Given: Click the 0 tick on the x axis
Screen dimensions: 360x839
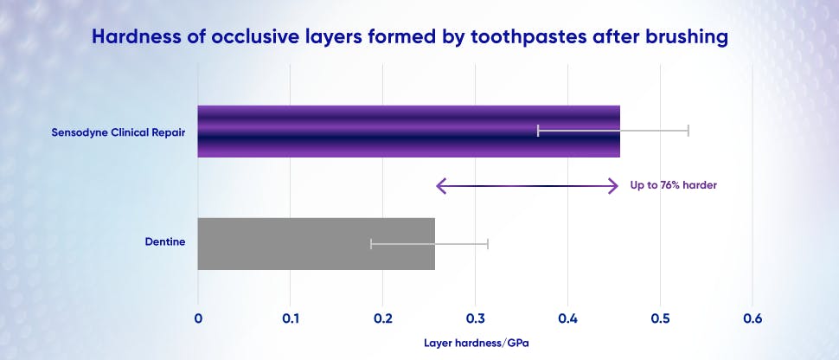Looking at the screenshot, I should coord(198,318).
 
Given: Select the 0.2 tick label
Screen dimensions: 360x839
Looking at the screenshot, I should coord(382,318).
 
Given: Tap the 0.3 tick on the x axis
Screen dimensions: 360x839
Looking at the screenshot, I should coord(475,318).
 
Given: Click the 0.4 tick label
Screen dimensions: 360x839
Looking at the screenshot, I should coord(567,318).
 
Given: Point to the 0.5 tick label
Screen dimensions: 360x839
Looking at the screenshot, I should coord(660,318).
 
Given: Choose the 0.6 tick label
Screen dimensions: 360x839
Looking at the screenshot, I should coord(753,318).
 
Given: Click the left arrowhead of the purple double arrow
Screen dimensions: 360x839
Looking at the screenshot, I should coord(440,185).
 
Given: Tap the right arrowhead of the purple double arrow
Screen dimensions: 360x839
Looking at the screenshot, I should coord(613,185).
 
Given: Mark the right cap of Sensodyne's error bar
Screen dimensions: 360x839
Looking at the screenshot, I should coord(688,131).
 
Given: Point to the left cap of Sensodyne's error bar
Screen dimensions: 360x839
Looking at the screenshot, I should coord(538,131).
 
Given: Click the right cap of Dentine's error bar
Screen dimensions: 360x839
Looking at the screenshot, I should coord(488,244).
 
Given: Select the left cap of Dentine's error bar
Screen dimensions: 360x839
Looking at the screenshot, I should coord(371,244).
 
